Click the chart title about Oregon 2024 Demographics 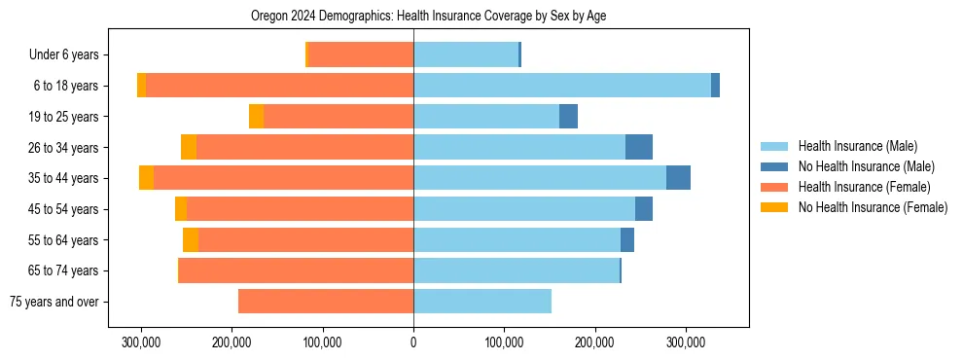click(429, 17)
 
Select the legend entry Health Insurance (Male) click(856, 146)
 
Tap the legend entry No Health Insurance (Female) click(873, 207)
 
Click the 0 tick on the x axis click(413, 342)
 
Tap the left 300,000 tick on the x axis click(142, 342)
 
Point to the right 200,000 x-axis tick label click(594, 342)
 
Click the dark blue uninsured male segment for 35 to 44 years click(678, 178)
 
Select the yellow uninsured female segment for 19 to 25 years click(256, 117)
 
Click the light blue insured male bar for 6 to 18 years click(562, 86)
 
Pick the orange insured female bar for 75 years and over click(326, 302)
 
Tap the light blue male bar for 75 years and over click(482, 302)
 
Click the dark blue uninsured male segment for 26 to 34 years click(638, 147)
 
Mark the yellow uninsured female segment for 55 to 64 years click(191, 239)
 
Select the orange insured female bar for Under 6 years click(361, 55)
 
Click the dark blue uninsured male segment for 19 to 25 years click(568, 117)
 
